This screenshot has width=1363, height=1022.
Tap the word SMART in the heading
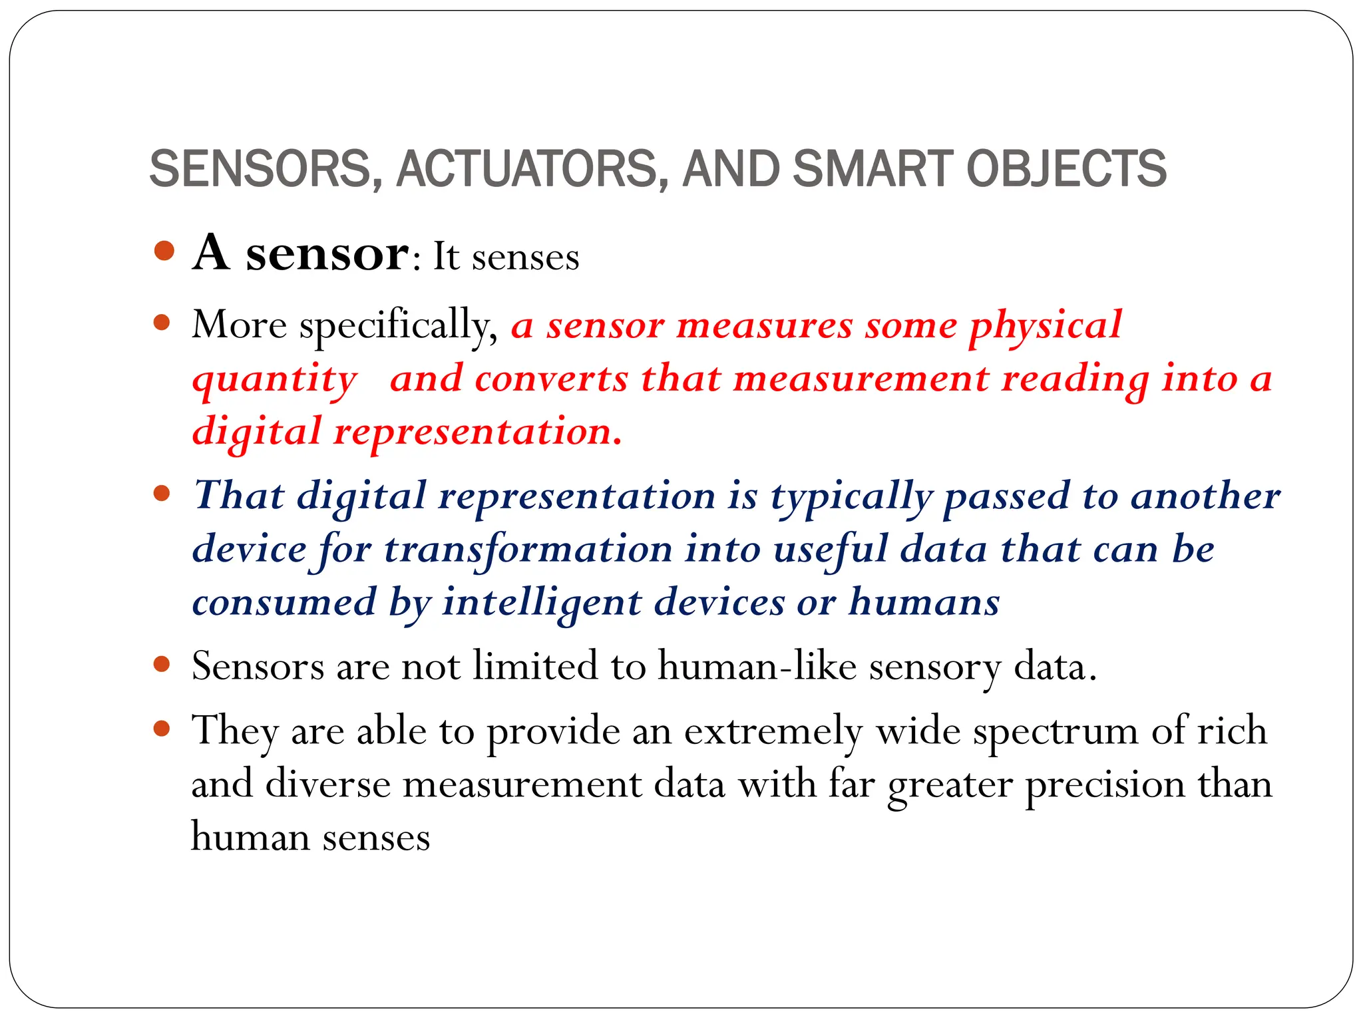(872, 168)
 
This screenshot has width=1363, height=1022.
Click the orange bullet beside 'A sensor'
(164, 252)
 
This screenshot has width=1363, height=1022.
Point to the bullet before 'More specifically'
(162, 324)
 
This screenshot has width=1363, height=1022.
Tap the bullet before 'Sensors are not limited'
(162, 664)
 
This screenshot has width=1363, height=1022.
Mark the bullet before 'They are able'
(162, 729)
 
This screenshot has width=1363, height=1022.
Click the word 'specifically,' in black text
(398, 326)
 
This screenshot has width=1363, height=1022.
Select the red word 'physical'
(1045, 326)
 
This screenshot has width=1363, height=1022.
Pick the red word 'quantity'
(274, 381)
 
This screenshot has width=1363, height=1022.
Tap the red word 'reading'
(1075, 381)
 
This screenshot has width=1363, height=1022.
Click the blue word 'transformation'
(528, 551)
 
